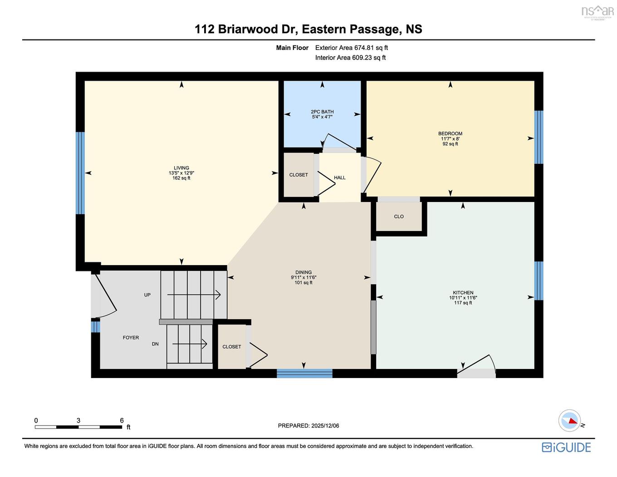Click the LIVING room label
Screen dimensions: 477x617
(x=181, y=168)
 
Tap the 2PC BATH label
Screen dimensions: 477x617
(x=322, y=112)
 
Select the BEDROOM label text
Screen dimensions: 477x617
(x=450, y=134)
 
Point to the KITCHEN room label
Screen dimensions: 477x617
(x=463, y=293)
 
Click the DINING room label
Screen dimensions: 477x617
(x=304, y=272)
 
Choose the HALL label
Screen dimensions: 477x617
(x=340, y=177)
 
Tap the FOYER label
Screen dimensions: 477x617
(x=131, y=338)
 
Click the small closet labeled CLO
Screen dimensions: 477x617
(x=399, y=216)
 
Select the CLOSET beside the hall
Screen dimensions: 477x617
(x=299, y=175)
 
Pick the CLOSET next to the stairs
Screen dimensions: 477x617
(x=231, y=347)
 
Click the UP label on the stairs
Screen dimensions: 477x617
(x=147, y=295)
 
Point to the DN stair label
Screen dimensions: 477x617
(x=155, y=344)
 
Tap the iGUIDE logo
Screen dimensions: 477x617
(x=566, y=447)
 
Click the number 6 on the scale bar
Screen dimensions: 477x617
(x=122, y=421)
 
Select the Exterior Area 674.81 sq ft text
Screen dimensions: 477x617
(x=352, y=48)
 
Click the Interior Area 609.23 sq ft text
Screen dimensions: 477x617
(x=350, y=58)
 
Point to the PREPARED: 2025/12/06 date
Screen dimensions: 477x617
(x=308, y=426)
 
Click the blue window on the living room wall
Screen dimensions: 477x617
(x=80, y=173)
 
